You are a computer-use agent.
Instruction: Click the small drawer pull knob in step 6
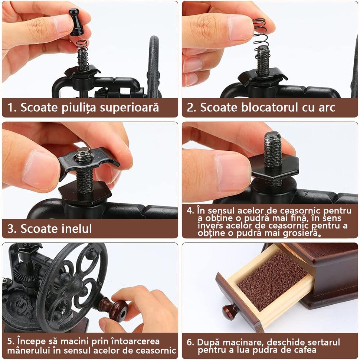pos(230,312)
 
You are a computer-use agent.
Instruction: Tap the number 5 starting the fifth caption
pos(10,341)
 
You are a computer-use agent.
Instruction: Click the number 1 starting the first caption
pos(10,108)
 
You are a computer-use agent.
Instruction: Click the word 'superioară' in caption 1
pos(129,108)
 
